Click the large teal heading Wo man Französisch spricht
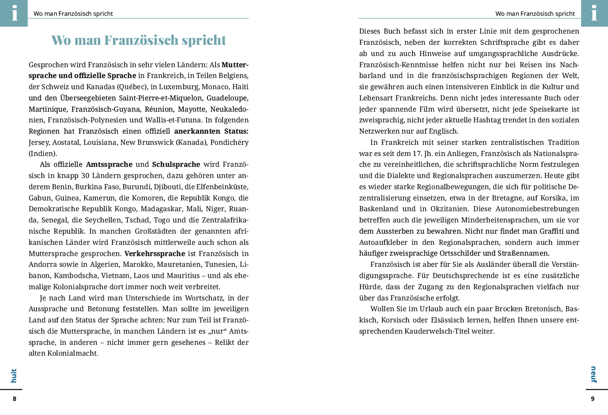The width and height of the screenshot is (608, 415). [139, 40]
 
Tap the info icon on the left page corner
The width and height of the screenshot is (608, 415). [14, 13]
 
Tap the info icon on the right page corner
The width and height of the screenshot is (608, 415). [594, 13]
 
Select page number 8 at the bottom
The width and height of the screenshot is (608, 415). [15, 399]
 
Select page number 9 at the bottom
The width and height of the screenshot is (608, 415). [593, 399]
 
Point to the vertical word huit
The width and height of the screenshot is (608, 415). [14, 376]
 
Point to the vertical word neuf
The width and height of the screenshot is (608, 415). [593, 374]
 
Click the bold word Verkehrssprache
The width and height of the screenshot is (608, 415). [155, 254]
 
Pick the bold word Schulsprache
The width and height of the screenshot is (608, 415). [176, 164]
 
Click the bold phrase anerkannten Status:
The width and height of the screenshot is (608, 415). [211, 131]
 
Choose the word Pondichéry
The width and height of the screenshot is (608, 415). [229, 142]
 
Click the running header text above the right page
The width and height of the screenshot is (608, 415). [535, 14]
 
